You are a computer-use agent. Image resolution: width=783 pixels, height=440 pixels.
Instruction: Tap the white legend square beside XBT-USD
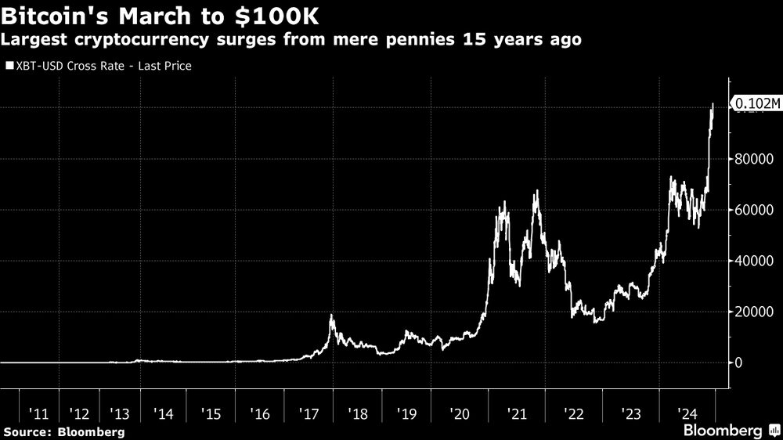pos(9,66)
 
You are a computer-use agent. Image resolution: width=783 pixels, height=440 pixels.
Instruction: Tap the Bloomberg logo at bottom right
pos(730,431)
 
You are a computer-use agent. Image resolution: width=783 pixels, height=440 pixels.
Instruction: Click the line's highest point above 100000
pos(713,103)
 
